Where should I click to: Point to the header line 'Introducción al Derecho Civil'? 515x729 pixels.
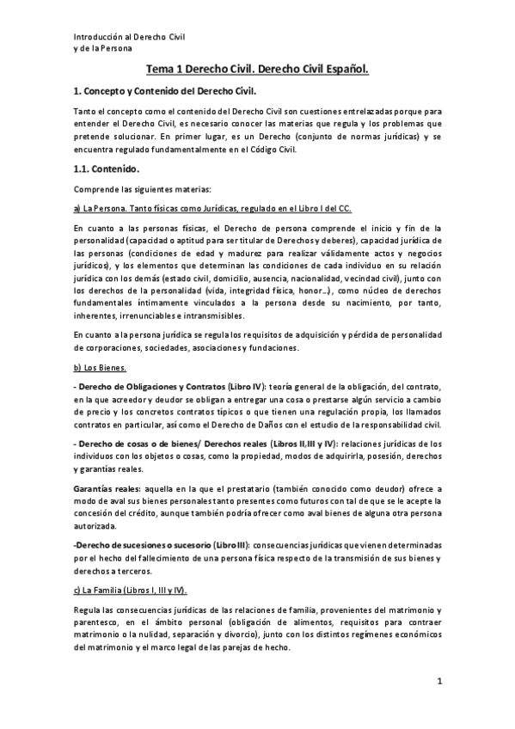click(130, 37)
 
